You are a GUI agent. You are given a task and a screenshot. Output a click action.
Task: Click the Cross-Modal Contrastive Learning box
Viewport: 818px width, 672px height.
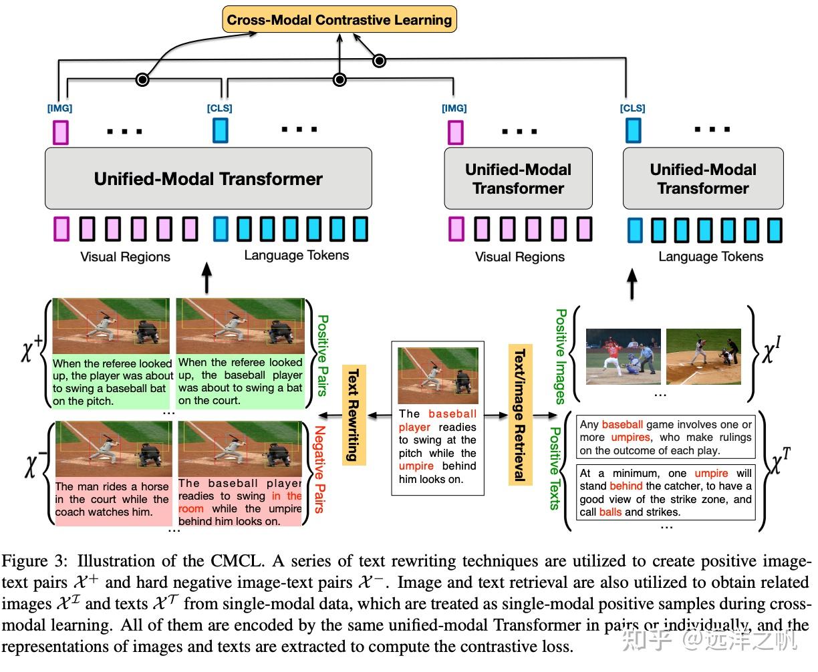coord(339,19)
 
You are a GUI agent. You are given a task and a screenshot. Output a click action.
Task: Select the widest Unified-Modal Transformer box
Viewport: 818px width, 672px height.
coord(208,178)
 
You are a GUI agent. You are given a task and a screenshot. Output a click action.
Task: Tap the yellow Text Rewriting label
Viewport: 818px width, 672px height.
coord(354,414)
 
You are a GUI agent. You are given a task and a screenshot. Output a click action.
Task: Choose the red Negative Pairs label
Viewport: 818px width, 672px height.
coord(319,469)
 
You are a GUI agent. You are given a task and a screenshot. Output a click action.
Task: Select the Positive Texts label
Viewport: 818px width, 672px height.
coord(553,468)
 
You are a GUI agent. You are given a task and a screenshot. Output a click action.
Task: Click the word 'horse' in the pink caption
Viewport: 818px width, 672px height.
coord(154,487)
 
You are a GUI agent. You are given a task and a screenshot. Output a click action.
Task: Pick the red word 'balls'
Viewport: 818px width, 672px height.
coord(610,512)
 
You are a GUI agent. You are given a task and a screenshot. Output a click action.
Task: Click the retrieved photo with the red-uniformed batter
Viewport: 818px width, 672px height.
coord(623,356)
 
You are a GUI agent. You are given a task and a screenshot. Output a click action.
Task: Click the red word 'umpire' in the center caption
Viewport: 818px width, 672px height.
coord(416,466)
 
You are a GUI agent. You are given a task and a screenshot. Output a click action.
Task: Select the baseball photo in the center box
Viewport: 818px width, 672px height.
coord(438,375)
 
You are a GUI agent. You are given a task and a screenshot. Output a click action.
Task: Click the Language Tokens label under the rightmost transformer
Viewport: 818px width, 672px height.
coord(710,257)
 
